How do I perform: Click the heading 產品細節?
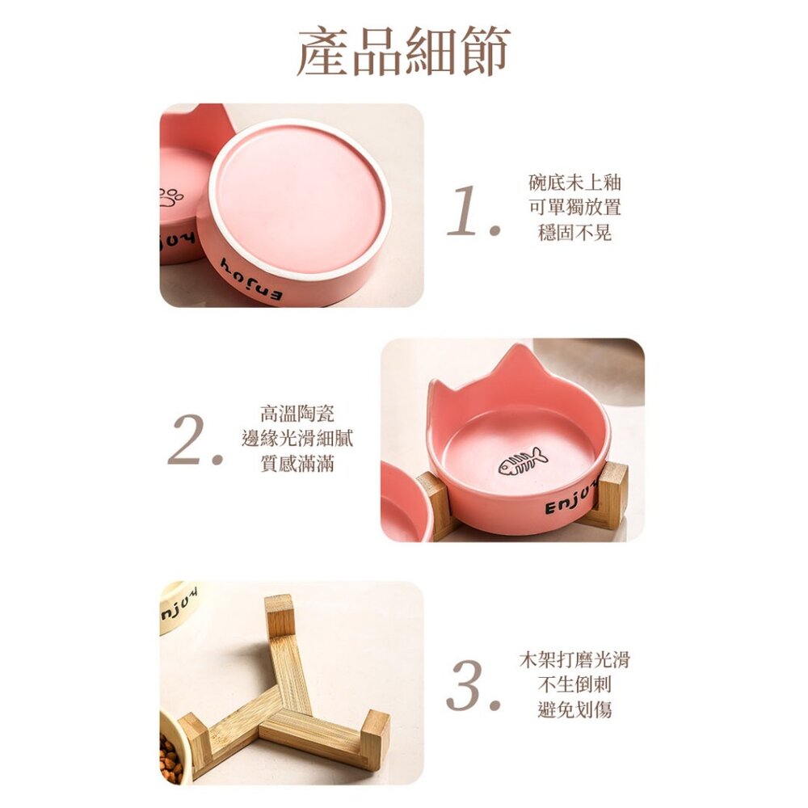(x=403, y=50)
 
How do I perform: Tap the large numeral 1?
(x=473, y=211)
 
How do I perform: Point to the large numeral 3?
(x=473, y=685)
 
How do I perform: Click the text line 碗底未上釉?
(x=574, y=183)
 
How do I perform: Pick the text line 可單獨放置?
(x=574, y=207)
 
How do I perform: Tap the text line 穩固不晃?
(x=574, y=233)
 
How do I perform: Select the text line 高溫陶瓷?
(x=297, y=413)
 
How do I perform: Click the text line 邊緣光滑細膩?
(x=297, y=439)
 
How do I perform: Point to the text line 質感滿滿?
(x=297, y=464)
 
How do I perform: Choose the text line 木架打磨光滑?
(x=574, y=659)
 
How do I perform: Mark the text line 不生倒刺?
(x=574, y=685)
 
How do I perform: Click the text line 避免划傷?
(x=574, y=710)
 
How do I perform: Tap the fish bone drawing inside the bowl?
(x=523, y=461)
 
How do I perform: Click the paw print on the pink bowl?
(x=170, y=197)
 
